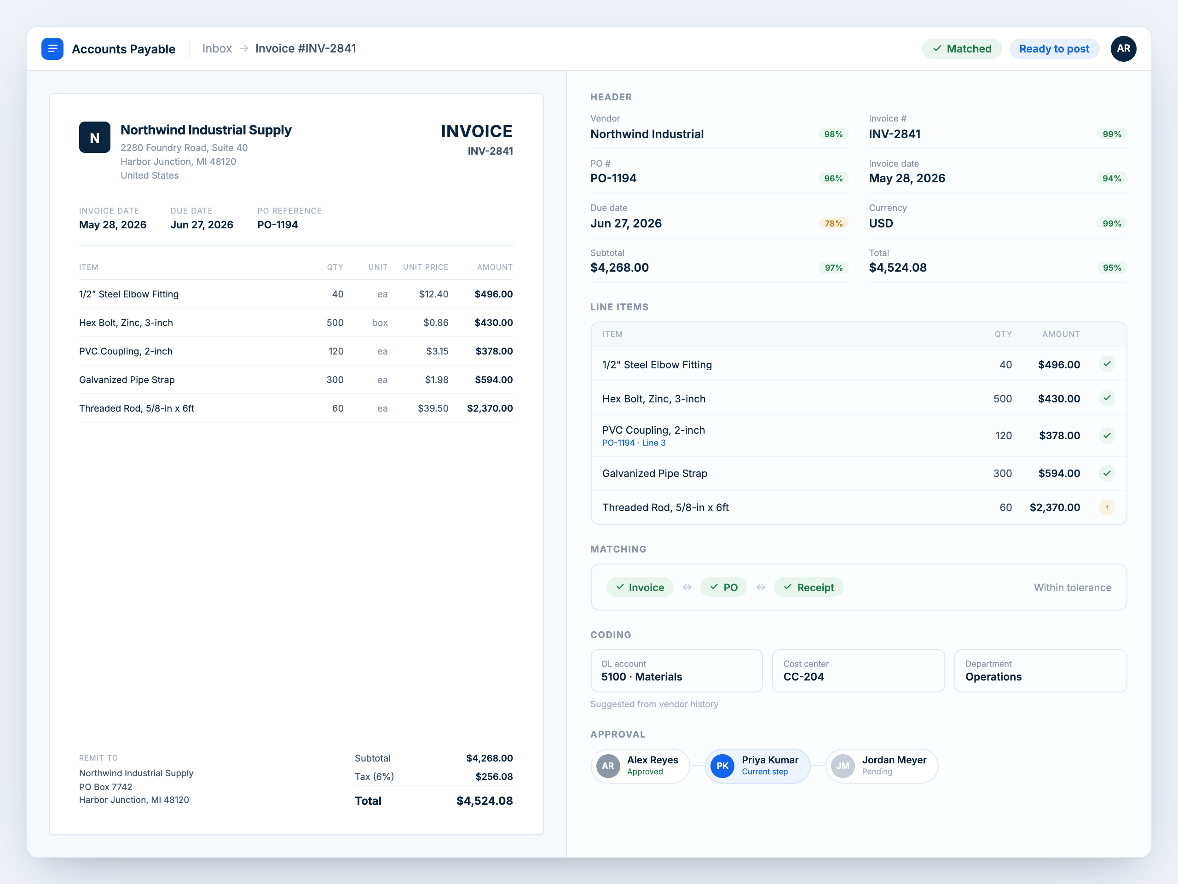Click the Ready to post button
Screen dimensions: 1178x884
[x=1054, y=49]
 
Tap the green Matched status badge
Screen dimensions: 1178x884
[x=962, y=49]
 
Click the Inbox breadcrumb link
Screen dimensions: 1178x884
[x=217, y=48]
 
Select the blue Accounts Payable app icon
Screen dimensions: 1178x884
[x=52, y=49]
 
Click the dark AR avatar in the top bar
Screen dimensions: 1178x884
[x=1123, y=49]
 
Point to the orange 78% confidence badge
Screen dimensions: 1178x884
[x=833, y=223]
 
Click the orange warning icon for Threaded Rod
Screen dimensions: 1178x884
[x=1107, y=507]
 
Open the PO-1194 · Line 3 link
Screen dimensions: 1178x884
[x=634, y=443]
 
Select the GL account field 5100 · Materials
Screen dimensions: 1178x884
[x=676, y=671]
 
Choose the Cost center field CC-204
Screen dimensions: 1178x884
[x=859, y=671]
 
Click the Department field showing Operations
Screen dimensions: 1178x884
[x=1040, y=671]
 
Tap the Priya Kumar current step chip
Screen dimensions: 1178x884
[x=757, y=766]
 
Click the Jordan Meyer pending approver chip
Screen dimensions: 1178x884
[x=881, y=766]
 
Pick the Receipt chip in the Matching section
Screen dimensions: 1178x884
[x=808, y=587]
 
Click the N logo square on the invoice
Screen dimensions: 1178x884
[x=95, y=138]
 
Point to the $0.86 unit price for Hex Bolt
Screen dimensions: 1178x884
[x=436, y=322]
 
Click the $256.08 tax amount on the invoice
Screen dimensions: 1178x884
[x=494, y=776]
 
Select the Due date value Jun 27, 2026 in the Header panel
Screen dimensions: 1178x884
[x=626, y=223]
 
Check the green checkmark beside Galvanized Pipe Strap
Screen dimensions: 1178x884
[x=1107, y=473]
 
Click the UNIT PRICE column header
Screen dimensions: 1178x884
[x=426, y=267]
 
